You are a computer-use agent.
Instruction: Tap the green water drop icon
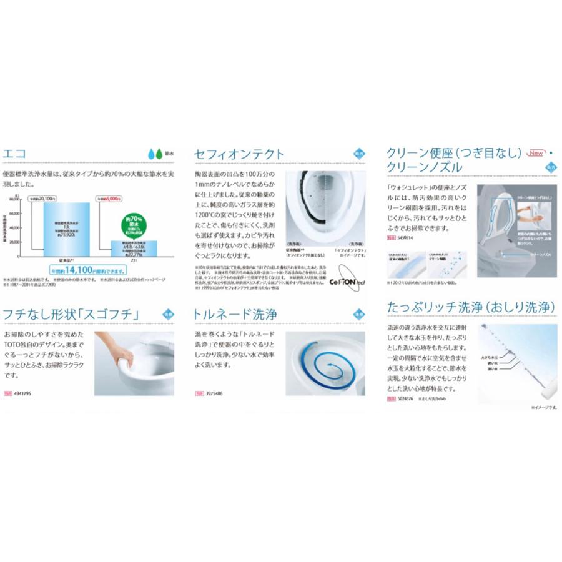tap(159, 153)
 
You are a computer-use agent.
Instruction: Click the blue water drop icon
tap(150, 153)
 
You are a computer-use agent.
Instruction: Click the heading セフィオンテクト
tap(239, 154)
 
